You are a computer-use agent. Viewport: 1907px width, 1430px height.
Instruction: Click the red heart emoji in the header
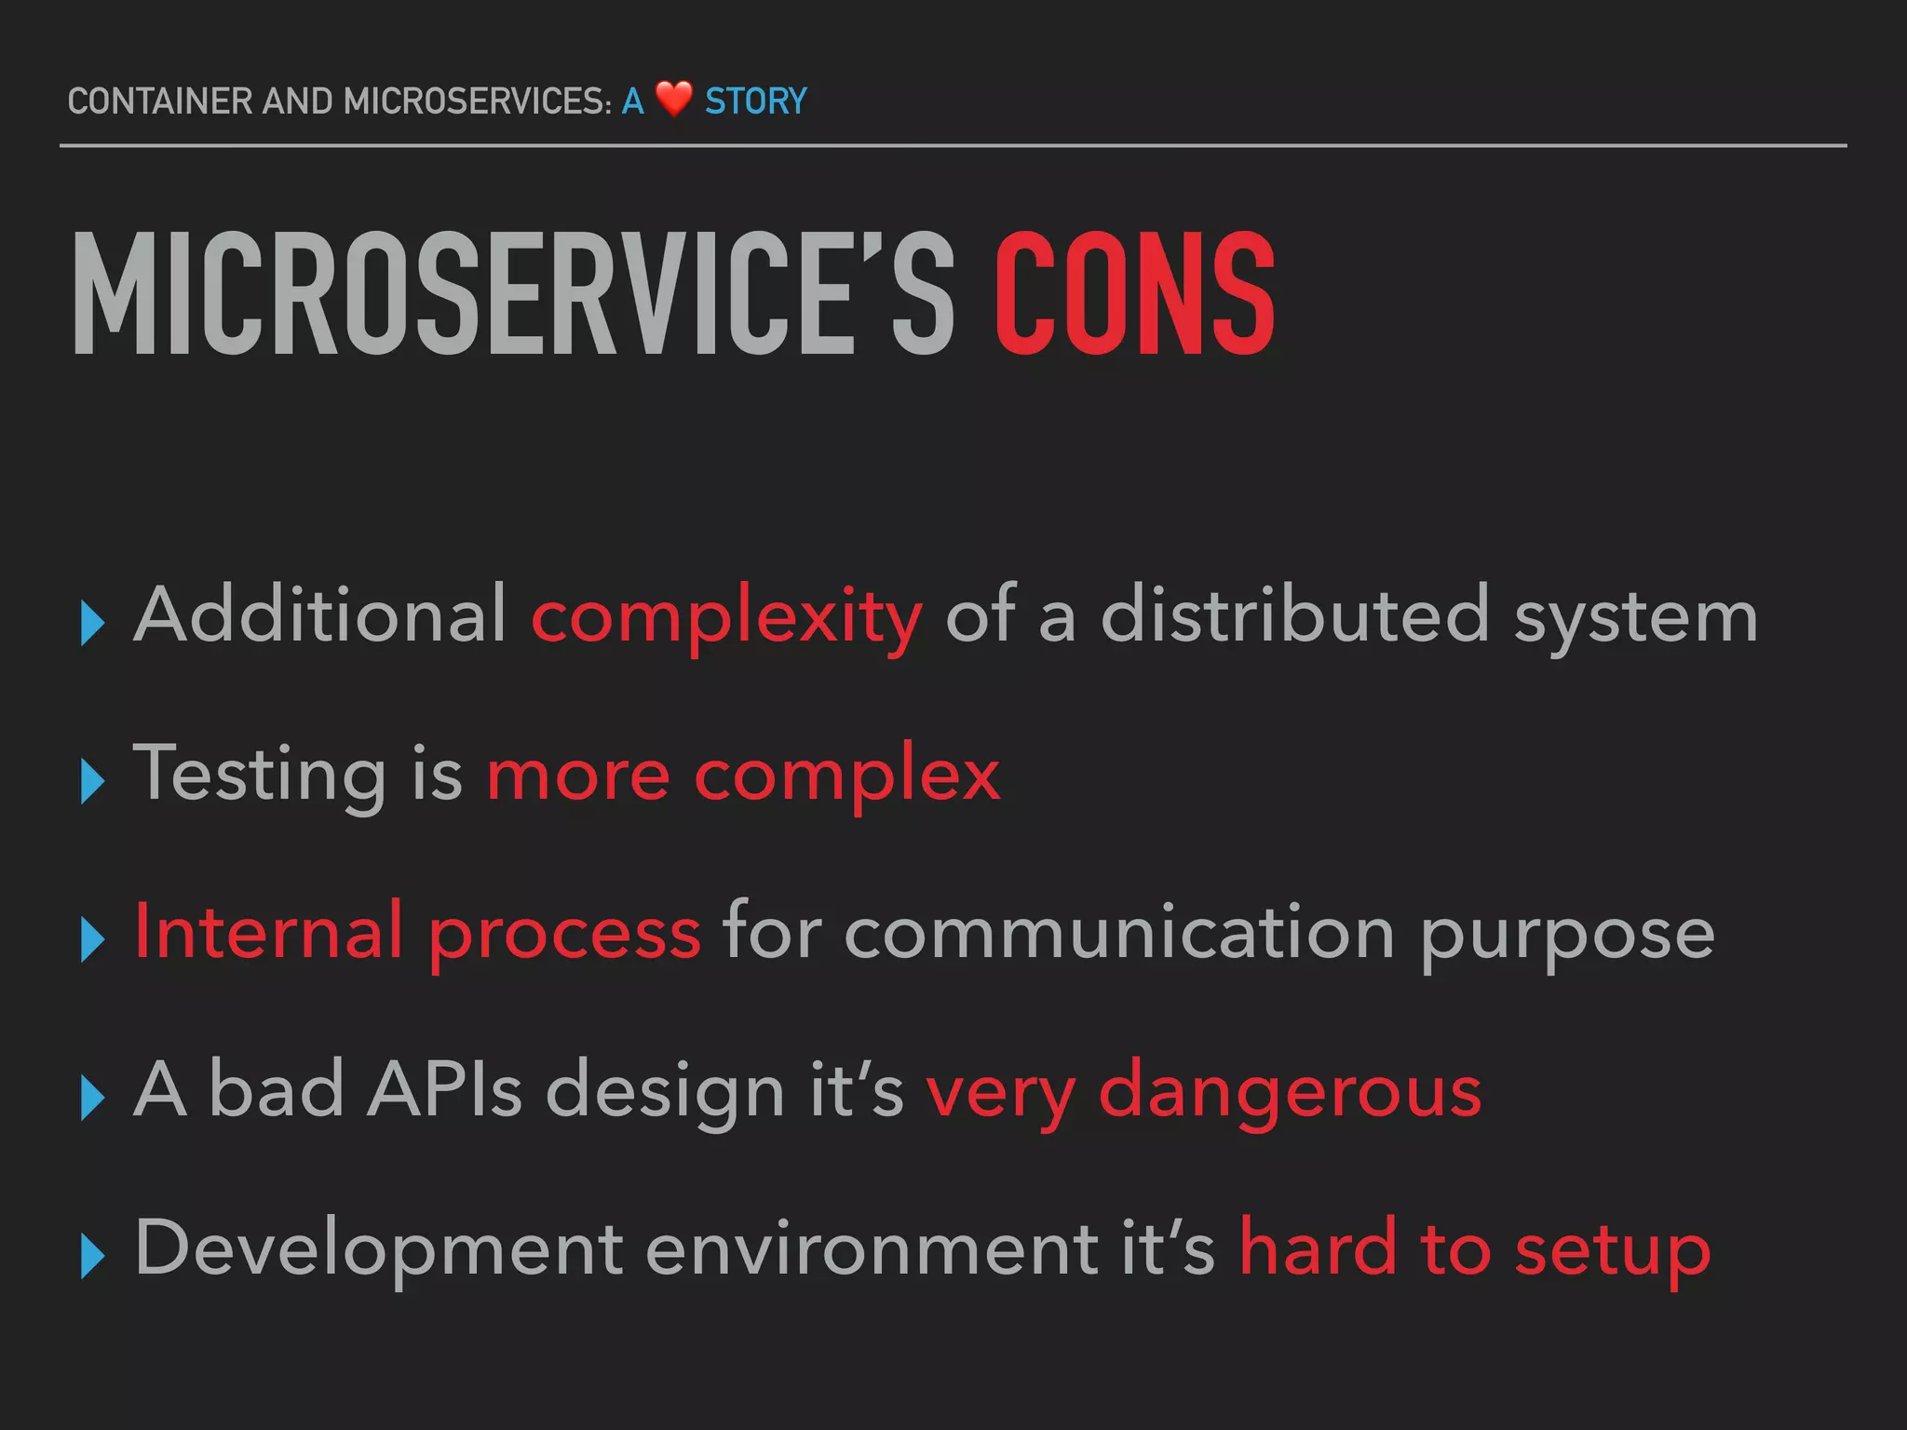coord(673,99)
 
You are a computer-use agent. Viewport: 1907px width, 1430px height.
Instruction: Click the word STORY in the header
coord(755,101)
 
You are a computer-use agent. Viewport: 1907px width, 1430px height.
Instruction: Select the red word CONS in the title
coord(1135,295)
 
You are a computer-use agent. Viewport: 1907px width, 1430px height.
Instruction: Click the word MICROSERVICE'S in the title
coord(513,295)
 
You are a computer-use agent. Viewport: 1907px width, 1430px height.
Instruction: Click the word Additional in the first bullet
coord(320,614)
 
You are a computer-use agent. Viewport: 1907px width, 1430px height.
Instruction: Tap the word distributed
coord(1295,614)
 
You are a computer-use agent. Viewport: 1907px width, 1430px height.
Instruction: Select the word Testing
coord(260,775)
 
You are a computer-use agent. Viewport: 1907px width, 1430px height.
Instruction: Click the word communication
coord(1118,933)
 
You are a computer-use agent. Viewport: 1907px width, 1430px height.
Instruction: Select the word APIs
coord(444,1089)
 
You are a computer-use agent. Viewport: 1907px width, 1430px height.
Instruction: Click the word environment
coord(872,1249)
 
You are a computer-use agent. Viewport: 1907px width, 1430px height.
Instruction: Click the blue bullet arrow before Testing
coord(92,780)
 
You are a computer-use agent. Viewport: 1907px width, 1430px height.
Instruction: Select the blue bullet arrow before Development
coord(92,1256)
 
